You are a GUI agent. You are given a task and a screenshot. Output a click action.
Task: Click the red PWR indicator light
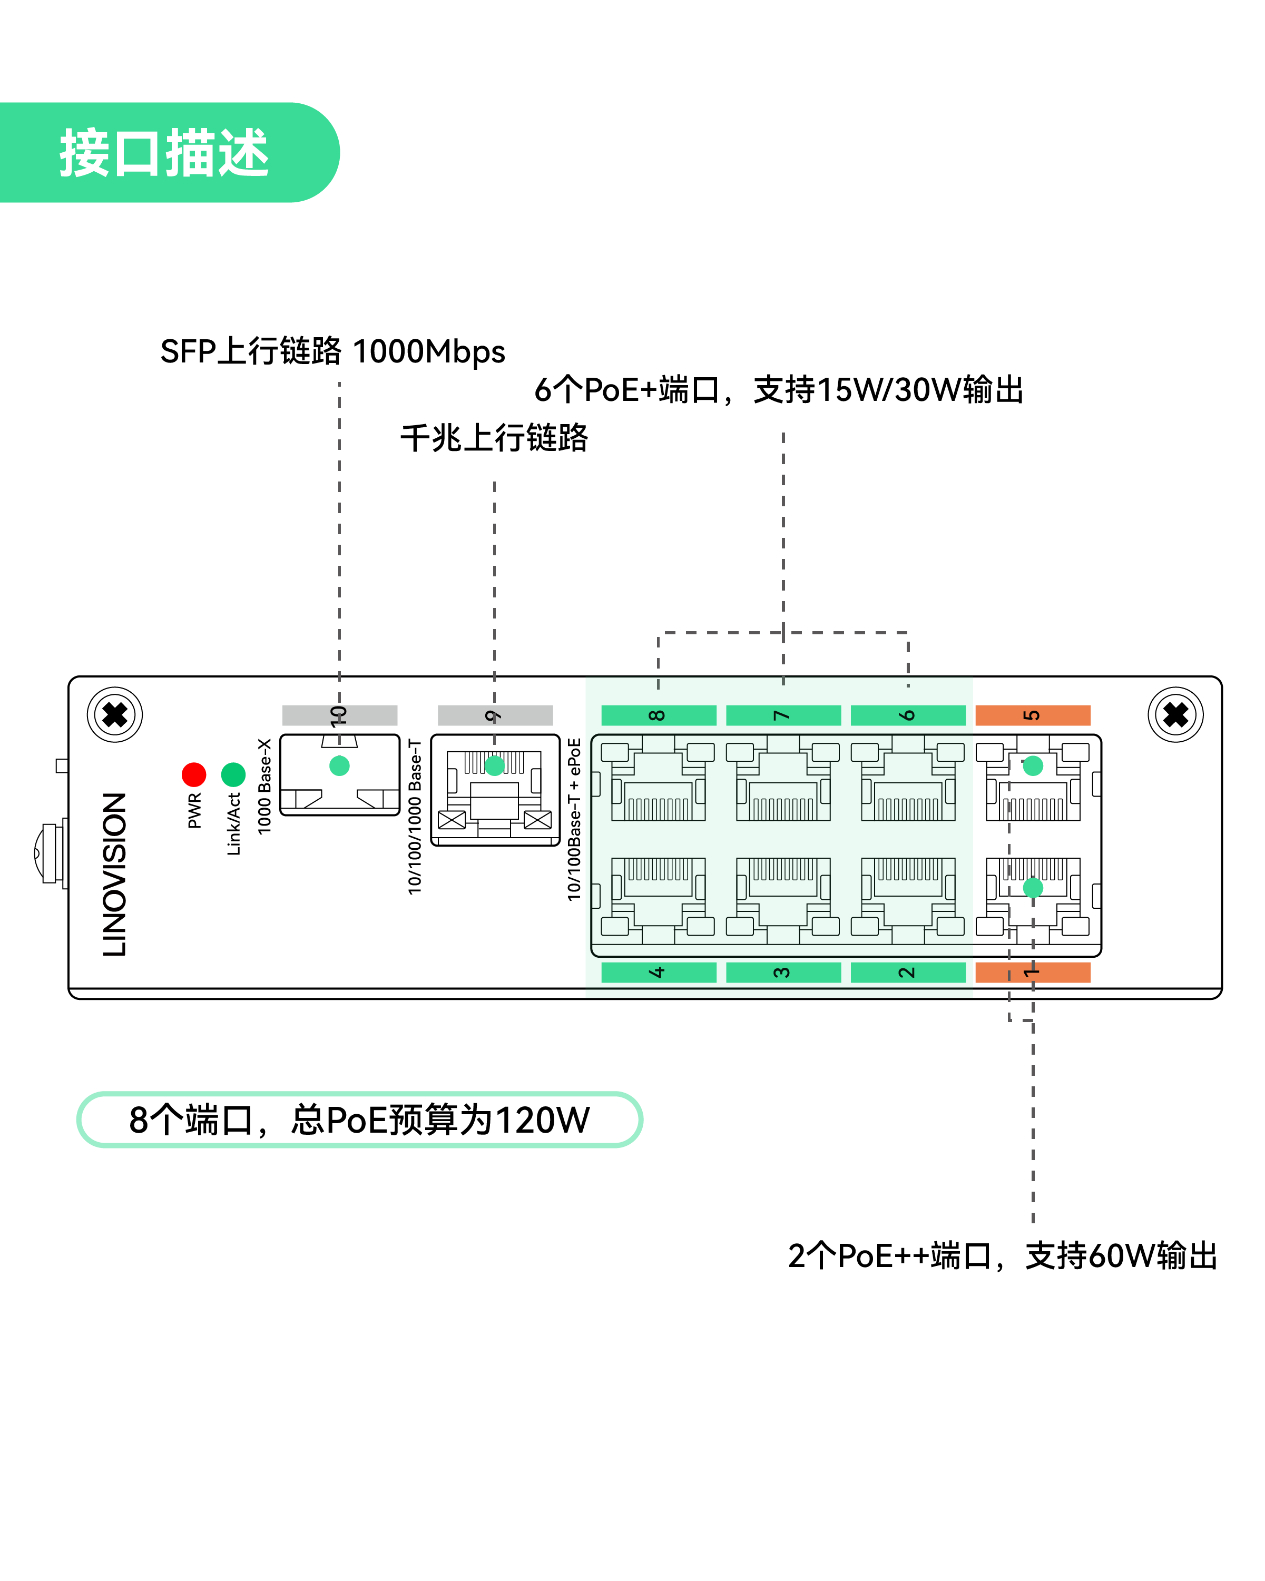tap(193, 774)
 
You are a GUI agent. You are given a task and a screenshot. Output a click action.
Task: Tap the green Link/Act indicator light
tap(233, 774)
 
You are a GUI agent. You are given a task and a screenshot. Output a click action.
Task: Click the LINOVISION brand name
tap(115, 874)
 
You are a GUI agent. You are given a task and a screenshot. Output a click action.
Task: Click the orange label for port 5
tap(1033, 715)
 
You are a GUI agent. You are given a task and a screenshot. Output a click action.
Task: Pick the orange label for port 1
tap(1033, 973)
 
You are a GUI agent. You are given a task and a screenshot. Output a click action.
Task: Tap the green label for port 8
tap(659, 715)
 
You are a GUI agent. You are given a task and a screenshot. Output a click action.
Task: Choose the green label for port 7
tap(783, 715)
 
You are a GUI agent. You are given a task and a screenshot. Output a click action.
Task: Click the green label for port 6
tap(908, 715)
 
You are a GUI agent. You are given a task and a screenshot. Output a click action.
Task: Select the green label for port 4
tap(659, 973)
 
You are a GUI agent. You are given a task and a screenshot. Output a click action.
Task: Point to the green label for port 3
tap(783, 973)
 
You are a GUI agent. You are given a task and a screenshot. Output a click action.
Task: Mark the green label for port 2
tap(908, 973)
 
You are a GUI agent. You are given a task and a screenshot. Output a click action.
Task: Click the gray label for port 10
tap(339, 715)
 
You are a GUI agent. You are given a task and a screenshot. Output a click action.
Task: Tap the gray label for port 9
tap(495, 715)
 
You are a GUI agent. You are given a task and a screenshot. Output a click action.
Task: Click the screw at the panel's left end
tap(114, 715)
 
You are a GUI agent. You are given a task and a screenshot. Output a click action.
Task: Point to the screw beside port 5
tap(1175, 715)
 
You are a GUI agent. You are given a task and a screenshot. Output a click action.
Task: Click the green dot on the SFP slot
tap(339, 765)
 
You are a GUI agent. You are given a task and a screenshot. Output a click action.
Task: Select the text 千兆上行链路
tap(494, 438)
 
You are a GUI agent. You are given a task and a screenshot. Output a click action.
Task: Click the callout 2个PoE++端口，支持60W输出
tap(1003, 1256)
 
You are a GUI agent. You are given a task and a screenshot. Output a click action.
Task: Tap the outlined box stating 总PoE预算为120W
tap(359, 1120)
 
